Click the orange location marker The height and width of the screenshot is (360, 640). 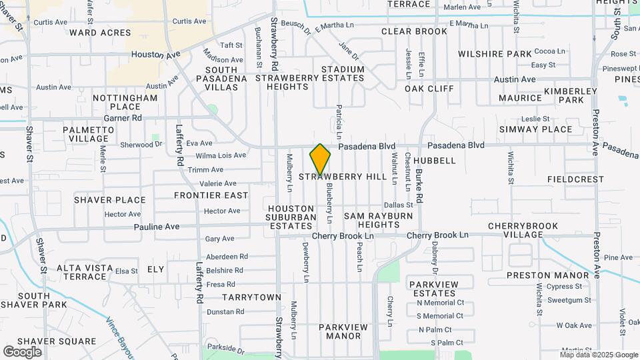(320, 159)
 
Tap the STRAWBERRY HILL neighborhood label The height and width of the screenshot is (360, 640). (343, 177)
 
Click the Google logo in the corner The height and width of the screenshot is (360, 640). (22, 351)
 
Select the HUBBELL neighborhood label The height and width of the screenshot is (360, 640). (434, 161)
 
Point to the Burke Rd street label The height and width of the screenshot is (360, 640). (419, 185)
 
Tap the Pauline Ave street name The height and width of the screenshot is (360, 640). (157, 227)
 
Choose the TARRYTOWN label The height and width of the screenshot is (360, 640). (251, 297)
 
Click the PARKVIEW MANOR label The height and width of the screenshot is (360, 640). (343, 331)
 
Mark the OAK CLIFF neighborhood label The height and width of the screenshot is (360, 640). (429, 88)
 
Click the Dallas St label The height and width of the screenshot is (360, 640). (398, 205)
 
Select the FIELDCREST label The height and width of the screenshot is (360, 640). (575, 179)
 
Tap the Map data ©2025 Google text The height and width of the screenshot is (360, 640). (598, 355)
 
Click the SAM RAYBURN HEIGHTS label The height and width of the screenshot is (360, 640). (372, 221)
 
